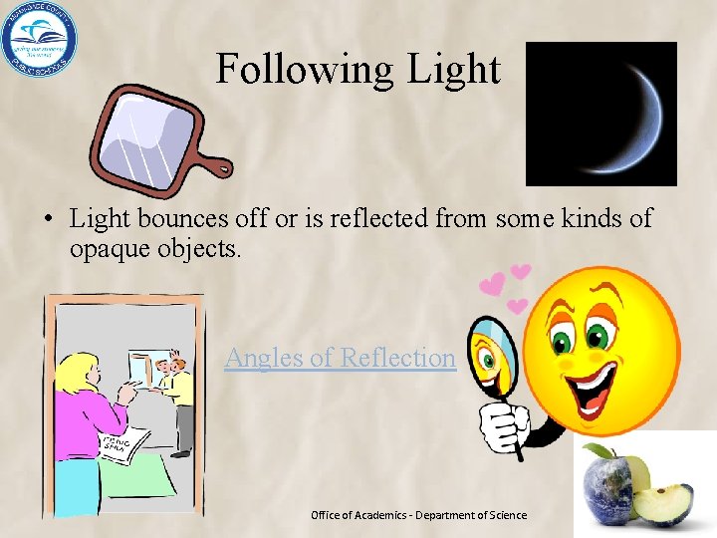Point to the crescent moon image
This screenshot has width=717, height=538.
(x=626, y=115)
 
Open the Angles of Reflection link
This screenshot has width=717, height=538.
(x=340, y=357)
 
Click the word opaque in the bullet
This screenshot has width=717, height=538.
(x=110, y=247)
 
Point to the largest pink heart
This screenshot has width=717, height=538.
(x=492, y=285)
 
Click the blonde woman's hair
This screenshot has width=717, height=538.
(x=76, y=374)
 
